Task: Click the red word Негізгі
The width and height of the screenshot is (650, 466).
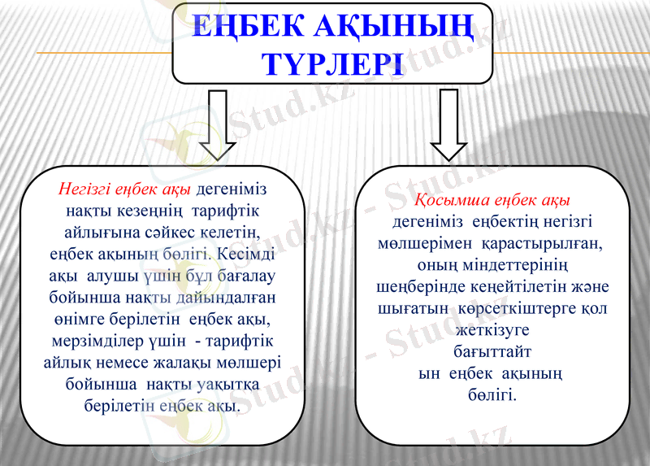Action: [83, 189]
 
